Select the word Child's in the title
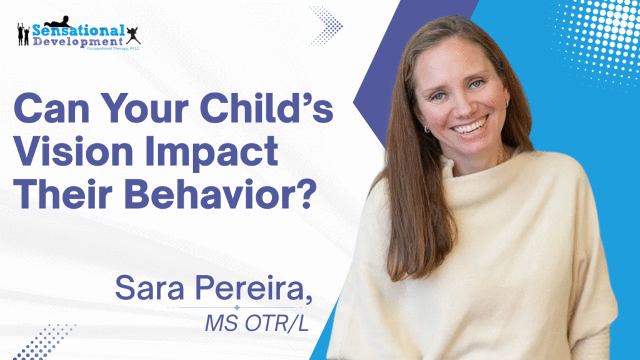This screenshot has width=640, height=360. click(266, 107)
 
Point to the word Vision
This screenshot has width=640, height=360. click(74, 151)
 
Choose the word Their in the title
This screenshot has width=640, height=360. click(63, 194)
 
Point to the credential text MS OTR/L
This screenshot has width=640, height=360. click(257, 323)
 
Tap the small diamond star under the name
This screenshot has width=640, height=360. click(237, 307)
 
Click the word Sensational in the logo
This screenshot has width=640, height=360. click(78, 30)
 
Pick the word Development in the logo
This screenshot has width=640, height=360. click(78, 41)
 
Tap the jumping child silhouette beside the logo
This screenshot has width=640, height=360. click(133, 36)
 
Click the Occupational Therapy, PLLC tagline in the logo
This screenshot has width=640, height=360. click(114, 49)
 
